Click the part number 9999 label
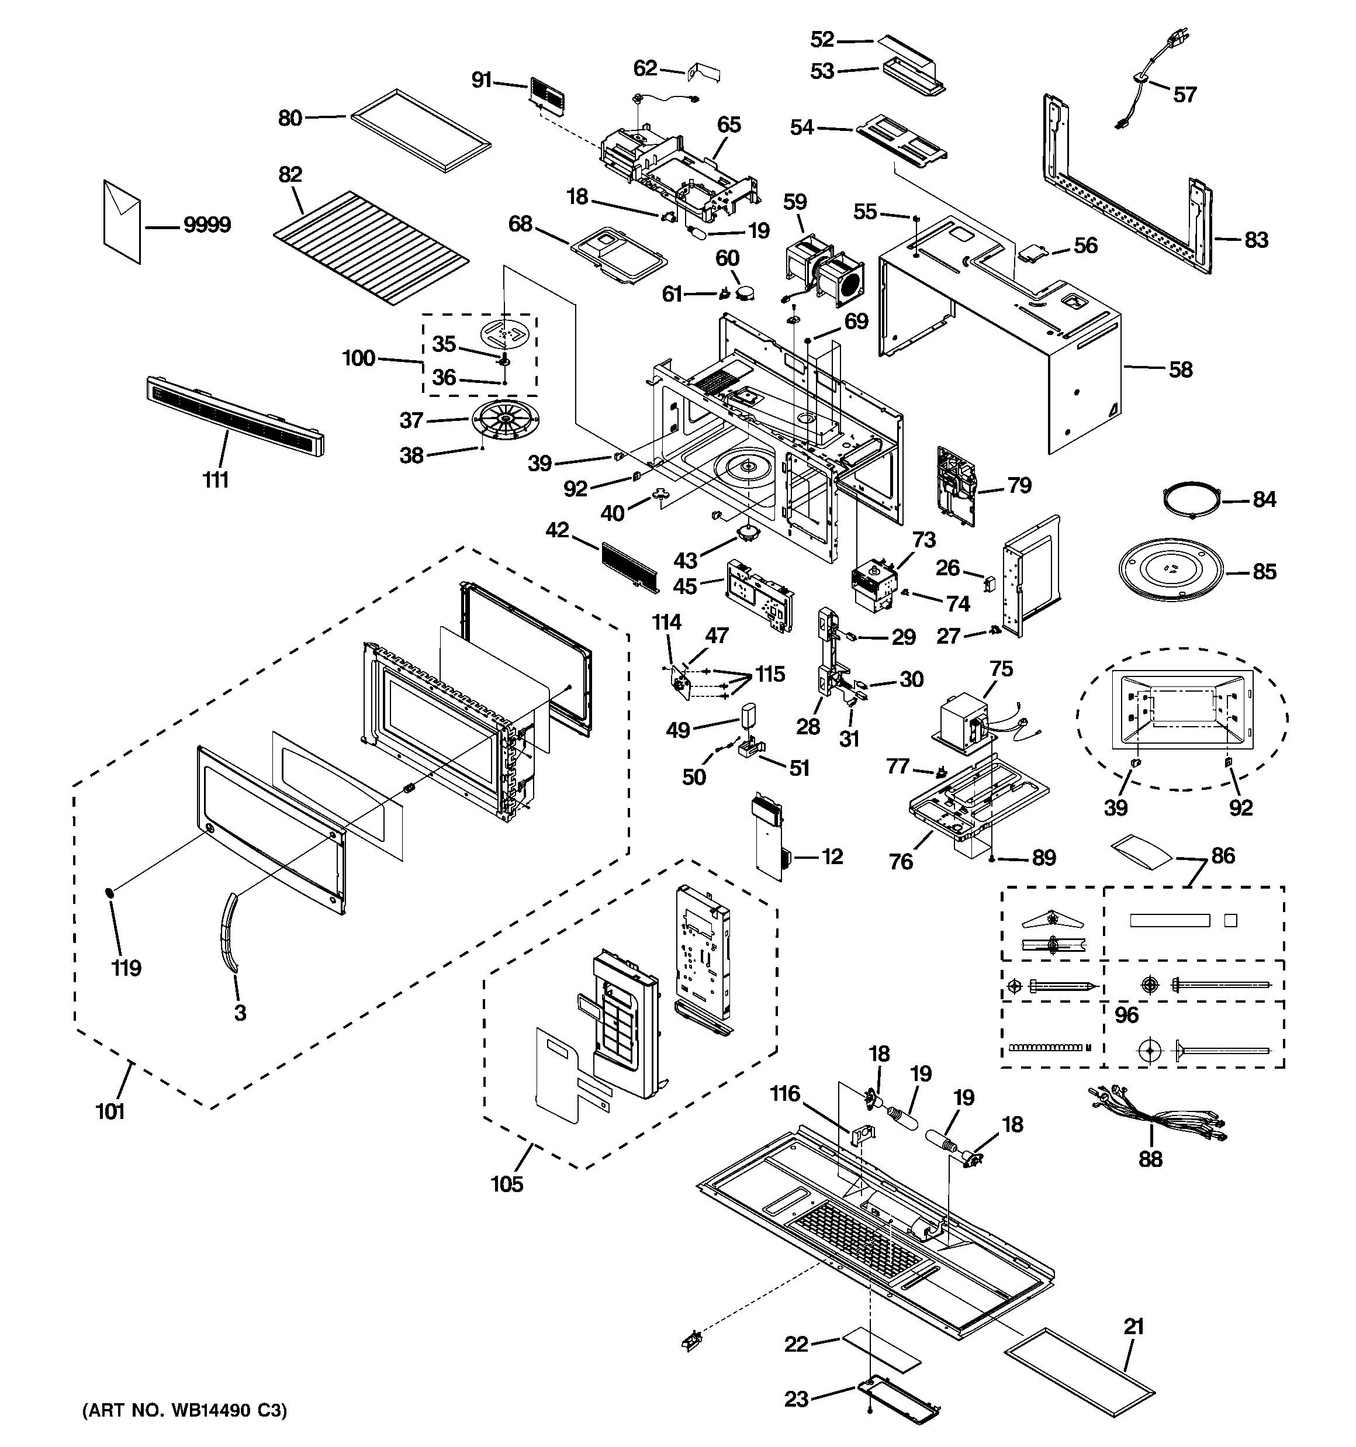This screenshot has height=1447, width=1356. point(207,225)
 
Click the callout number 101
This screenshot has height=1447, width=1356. point(110,1112)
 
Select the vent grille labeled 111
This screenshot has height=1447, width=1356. point(234,416)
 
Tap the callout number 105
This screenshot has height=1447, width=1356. point(507,1184)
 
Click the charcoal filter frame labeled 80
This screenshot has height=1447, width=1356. point(421,131)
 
